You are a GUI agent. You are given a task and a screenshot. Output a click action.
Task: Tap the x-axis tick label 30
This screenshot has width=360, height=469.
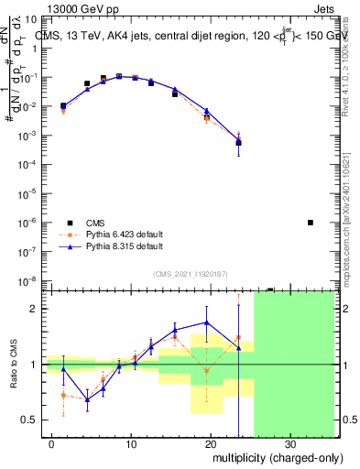point(290,443)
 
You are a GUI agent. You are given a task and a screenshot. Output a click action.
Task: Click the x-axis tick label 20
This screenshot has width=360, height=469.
point(211,443)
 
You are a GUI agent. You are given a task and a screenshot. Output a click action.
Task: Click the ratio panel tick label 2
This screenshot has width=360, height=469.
point(36,309)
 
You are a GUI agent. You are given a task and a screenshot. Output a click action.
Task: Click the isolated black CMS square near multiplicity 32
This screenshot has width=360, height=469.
point(311,223)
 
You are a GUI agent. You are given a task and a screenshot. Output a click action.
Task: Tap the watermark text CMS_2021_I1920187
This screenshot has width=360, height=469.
point(190,272)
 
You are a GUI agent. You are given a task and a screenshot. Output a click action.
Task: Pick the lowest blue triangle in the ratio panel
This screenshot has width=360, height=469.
point(87,399)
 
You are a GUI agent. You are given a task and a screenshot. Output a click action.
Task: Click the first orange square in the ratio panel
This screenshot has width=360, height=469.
point(63,395)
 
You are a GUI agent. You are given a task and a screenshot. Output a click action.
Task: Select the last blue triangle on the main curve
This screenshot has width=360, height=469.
point(238,142)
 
